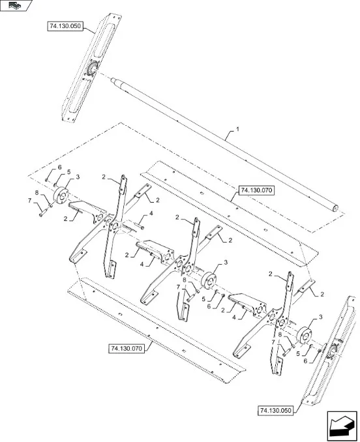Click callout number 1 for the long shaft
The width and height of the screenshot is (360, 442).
237,129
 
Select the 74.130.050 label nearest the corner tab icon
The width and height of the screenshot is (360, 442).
65,26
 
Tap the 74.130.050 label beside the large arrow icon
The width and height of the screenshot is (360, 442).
275,411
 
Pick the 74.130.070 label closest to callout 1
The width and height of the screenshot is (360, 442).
256,190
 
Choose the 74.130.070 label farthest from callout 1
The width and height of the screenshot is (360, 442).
127,348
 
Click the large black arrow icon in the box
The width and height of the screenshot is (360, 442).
342,426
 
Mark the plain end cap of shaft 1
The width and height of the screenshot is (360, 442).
335,208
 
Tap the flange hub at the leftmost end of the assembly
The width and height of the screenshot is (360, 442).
61,195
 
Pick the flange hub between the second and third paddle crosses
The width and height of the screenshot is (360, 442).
209,280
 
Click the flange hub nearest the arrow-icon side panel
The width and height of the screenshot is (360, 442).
304,335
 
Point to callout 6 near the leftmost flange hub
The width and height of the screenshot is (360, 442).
59,168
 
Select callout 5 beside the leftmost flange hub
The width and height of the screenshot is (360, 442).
68,172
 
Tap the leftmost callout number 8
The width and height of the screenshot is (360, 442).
37,193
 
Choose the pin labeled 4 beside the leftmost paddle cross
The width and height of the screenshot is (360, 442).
140,226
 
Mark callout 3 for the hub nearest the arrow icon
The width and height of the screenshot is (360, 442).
320,317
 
